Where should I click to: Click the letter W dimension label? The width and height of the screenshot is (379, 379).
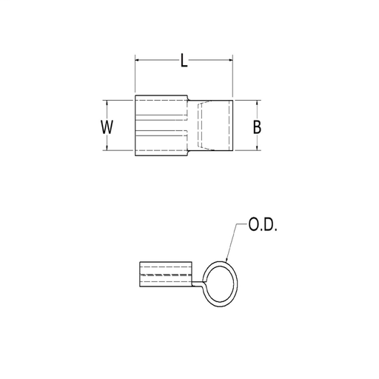pos(107,127)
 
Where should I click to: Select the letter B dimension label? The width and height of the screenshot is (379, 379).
pos(256,127)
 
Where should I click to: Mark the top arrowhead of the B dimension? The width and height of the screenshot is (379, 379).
pos(256,102)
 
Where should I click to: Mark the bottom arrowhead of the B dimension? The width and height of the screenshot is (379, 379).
pos(256,149)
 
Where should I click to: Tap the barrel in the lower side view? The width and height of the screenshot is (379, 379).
pos(165,277)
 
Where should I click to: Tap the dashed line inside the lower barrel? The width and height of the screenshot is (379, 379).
pos(165,276)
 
